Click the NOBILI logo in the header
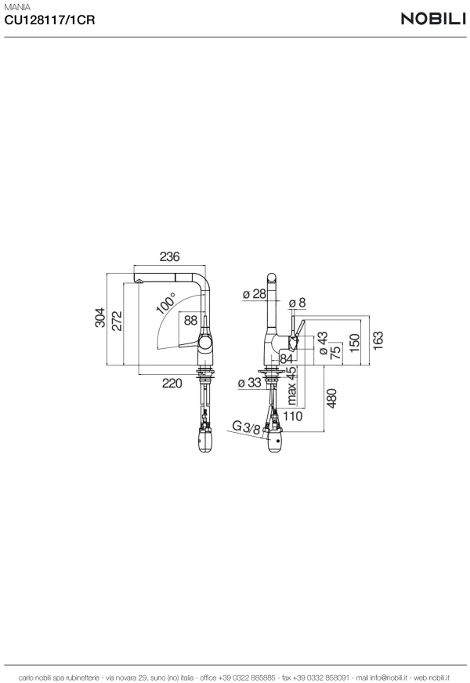[433, 19]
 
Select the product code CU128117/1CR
[49, 20]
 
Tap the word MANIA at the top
[17, 7]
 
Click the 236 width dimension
[169, 256]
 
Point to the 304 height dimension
[100, 317]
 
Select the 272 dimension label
[117, 321]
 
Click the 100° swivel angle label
[165, 303]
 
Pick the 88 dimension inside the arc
[190, 320]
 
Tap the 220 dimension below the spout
[172, 383]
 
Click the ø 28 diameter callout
[254, 294]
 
